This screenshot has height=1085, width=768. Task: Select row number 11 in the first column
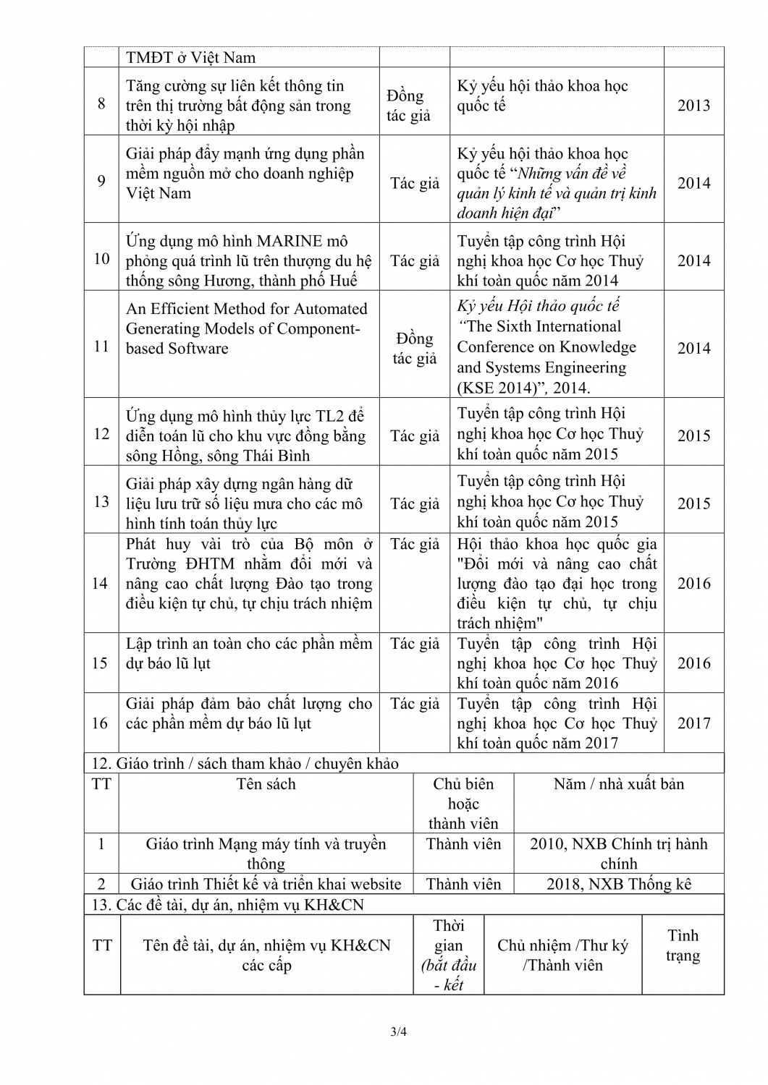coord(101,346)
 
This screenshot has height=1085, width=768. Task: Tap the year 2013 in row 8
coord(693,106)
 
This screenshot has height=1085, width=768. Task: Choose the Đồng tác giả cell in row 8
coord(408,106)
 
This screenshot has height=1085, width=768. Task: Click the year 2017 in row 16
coord(693,723)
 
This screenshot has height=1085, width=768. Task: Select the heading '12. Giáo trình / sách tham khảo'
coord(245,764)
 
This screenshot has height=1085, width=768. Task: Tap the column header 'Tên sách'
coord(266,784)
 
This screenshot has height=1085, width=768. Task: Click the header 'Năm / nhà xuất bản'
coord(618,784)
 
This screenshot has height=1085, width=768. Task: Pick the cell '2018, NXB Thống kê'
coord(619,884)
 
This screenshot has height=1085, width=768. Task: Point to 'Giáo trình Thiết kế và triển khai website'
coord(266,884)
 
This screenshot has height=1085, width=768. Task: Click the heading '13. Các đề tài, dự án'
coord(228,905)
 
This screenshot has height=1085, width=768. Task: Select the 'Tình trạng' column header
coord(682,945)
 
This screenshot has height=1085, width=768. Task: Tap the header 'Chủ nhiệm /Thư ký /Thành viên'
coord(562,955)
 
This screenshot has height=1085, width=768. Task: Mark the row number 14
coord(101,583)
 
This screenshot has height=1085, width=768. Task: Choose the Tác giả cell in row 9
coord(415,184)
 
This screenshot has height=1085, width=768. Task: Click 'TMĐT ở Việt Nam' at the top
coord(190,58)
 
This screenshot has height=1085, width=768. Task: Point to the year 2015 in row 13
coord(693,503)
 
